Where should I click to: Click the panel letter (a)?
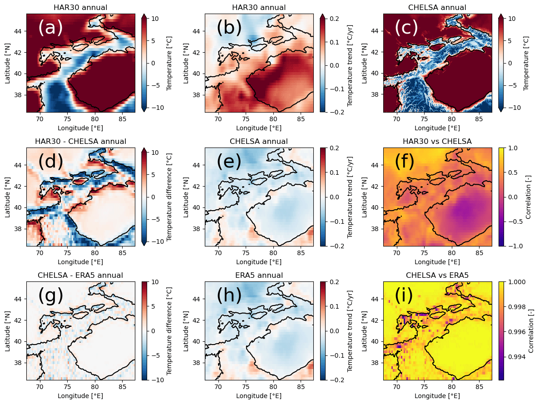point(50,28)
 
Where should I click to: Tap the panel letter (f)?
point(404,162)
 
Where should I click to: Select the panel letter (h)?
point(229,296)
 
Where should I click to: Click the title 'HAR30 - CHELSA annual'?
point(80,142)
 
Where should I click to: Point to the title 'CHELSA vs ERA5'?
point(437,275)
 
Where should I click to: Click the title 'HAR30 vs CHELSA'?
point(437,142)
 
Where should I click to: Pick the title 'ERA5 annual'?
point(259,275)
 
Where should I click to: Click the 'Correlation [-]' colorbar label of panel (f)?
point(528,197)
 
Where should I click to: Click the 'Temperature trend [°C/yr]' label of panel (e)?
point(350,197)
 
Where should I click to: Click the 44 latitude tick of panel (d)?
point(20,165)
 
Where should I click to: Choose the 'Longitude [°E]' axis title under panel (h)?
point(259,396)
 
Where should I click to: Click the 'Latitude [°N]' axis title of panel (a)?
point(8,63)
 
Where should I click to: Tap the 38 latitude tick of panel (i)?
point(376,363)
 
